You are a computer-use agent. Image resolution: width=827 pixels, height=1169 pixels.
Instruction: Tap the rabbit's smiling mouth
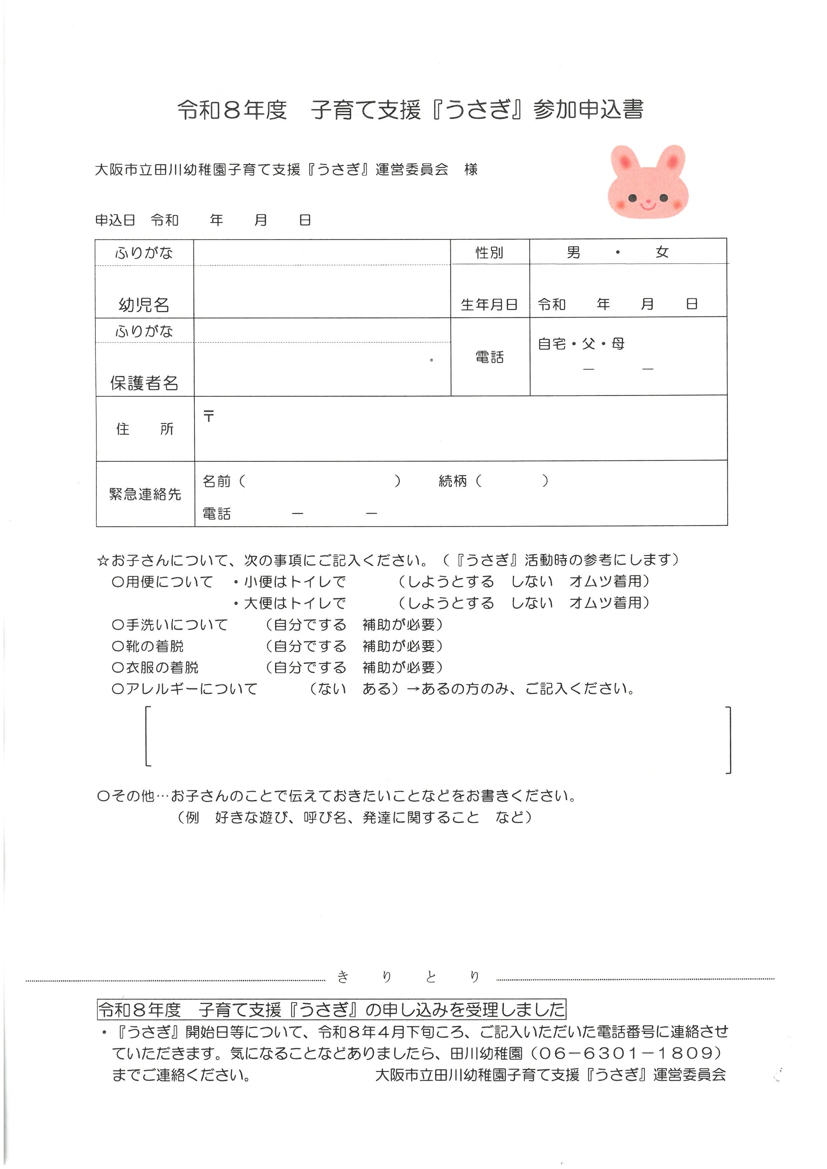point(648,206)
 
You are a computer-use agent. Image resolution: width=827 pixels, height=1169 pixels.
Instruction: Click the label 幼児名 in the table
point(144,304)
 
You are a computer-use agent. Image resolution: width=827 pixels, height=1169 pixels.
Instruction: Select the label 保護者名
point(144,383)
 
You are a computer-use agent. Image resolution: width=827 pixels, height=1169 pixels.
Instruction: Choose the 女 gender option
point(662,252)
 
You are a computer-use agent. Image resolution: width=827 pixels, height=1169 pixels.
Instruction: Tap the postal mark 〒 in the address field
point(209,416)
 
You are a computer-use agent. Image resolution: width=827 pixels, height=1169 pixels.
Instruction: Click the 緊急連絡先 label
point(145,494)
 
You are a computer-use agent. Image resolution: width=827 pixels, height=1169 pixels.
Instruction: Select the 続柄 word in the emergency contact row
point(453,481)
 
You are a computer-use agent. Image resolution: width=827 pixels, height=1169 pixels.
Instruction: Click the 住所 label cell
point(145,429)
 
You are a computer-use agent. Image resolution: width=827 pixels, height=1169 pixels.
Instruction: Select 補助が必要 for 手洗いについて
point(399,624)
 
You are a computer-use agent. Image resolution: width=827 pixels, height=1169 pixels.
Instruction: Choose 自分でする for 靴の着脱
point(309,646)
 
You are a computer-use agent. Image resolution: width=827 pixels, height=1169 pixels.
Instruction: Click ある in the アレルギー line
point(377,689)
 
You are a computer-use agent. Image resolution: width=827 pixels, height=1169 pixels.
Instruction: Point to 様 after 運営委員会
point(471,170)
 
